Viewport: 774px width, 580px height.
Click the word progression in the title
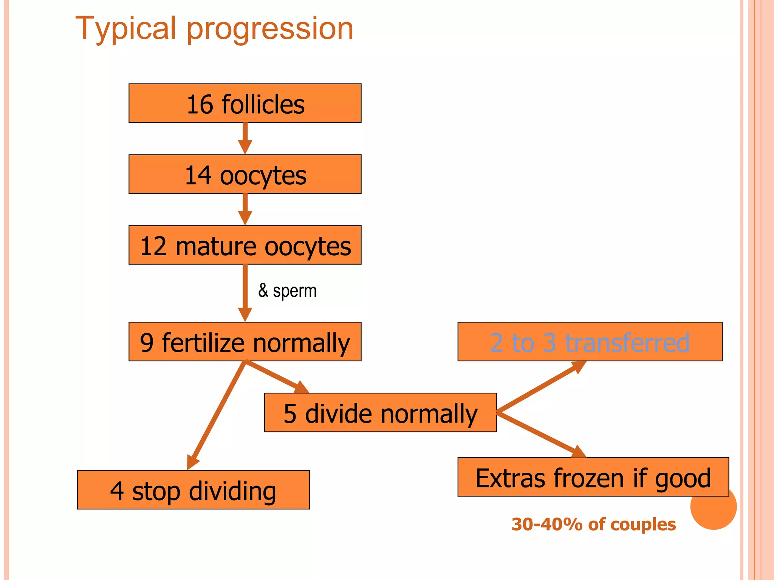[270, 29]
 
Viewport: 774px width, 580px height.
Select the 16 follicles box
[245, 103]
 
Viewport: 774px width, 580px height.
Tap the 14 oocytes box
[245, 174]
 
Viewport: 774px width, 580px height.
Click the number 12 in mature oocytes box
[153, 246]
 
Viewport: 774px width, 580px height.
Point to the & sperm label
[287, 291]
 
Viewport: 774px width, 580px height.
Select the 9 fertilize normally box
[245, 342]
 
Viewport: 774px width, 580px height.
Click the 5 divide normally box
[380, 412]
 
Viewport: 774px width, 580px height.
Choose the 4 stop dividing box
[193, 490]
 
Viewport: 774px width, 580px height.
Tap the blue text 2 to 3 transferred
[590, 342]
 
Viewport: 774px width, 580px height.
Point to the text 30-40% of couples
[593, 524]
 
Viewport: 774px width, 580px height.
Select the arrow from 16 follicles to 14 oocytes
[245, 138]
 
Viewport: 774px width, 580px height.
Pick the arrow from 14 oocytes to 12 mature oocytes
[245, 209]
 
